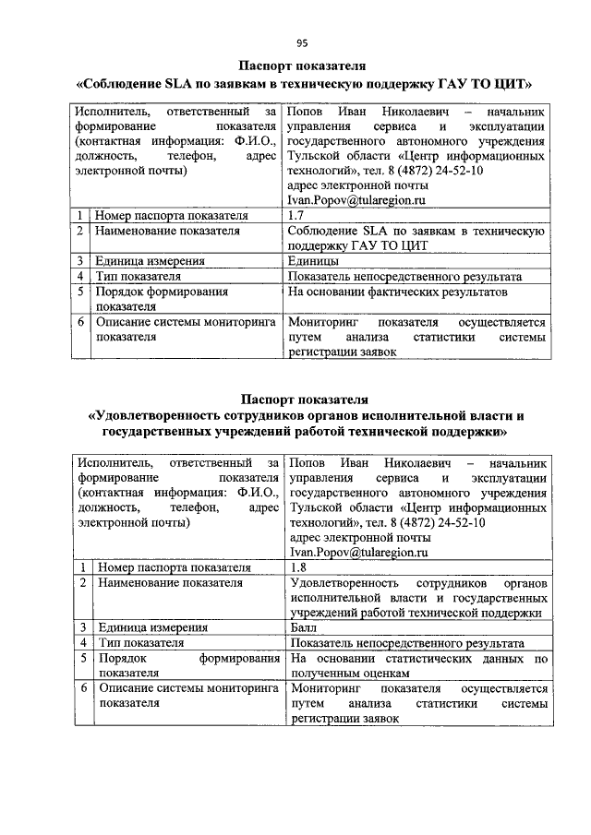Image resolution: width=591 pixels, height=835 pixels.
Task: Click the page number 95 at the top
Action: point(301,42)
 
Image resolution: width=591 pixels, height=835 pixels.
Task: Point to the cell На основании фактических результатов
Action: point(397,292)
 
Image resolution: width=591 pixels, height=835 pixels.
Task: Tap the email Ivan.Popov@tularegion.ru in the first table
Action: point(356,199)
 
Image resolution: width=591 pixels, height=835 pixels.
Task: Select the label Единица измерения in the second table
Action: point(152,627)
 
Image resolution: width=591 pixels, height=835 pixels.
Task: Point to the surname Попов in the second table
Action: point(308,462)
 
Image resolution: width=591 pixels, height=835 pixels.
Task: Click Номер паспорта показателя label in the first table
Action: point(172,215)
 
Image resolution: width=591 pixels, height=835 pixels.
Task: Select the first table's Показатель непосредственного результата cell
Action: point(404,276)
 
